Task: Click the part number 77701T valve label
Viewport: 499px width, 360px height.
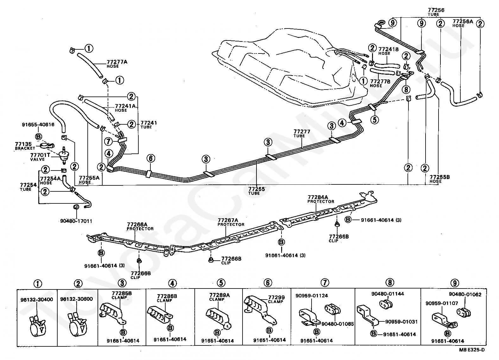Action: (40, 157)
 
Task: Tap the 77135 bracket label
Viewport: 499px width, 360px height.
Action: (25, 146)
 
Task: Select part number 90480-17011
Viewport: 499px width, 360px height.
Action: (76, 221)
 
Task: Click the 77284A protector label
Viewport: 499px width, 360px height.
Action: (321, 199)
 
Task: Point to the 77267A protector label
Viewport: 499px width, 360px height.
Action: (231, 222)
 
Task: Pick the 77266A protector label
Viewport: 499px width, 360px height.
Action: (140, 227)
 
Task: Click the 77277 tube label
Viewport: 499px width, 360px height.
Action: (302, 133)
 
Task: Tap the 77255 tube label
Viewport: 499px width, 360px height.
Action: (256, 191)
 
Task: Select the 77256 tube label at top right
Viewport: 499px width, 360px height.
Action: (436, 12)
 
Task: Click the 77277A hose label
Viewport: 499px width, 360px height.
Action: (117, 64)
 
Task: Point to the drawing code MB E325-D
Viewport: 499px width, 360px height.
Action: (472, 350)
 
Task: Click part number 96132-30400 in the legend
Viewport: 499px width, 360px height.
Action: (37, 300)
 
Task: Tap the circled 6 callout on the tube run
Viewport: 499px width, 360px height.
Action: (151, 158)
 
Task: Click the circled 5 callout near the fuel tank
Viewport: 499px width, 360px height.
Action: (375, 120)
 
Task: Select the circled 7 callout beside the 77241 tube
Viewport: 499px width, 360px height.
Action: (108, 141)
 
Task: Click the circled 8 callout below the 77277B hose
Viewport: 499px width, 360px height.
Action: (406, 89)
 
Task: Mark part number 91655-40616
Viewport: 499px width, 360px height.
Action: (38, 125)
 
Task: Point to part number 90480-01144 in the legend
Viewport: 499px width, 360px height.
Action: (388, 294)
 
